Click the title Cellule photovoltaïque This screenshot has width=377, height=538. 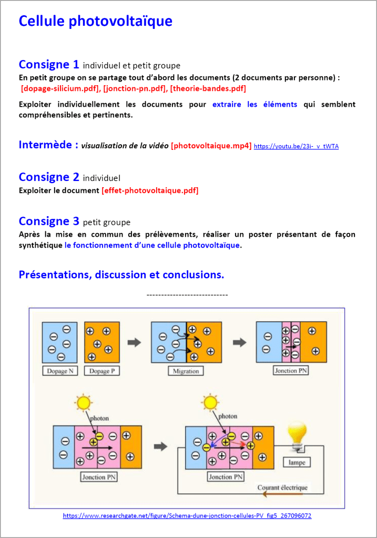(95, 22)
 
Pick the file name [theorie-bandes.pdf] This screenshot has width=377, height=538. (208, 88)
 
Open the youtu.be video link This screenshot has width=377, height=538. (296, 146)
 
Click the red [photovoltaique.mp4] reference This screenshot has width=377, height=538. (211, 146)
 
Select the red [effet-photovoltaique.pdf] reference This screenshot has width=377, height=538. (150, 190)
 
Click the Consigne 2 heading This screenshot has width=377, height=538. (49, 177)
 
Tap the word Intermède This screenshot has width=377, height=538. (48, 145)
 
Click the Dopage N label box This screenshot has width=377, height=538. (60, 371)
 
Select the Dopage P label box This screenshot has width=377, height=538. (99, 371)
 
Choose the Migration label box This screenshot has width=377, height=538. (186, 371)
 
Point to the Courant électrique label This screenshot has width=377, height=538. (282, 488)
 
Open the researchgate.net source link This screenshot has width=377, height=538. (187, 516)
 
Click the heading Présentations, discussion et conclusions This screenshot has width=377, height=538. (121, 275)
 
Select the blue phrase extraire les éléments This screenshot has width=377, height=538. (254, 105)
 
